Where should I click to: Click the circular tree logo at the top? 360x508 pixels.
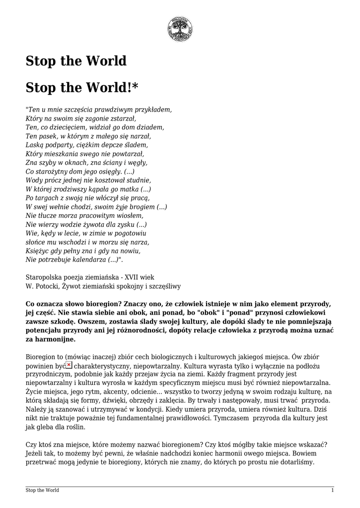pyautogui.click(x=179, y=29)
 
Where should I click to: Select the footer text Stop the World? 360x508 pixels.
pyautogui.click(x=42, y=490)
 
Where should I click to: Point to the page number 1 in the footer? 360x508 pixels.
pyautogui.click(x=332, y=490)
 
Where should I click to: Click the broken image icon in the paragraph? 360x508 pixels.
pyautogui.click(x=69, y=365)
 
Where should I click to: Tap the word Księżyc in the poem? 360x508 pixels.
pyautogui.click(x=36, y=251)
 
